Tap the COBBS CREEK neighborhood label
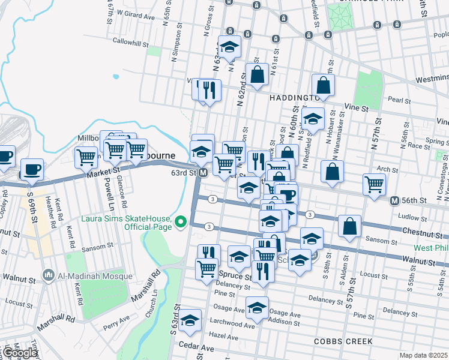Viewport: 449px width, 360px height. (x=343, y=341)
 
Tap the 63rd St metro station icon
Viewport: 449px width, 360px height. (x=203, y=173)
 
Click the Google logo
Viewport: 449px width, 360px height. (x=19, y=353)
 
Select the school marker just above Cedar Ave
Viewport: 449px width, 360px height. (x=190, y=320)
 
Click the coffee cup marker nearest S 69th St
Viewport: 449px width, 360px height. (x=32, y=169)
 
